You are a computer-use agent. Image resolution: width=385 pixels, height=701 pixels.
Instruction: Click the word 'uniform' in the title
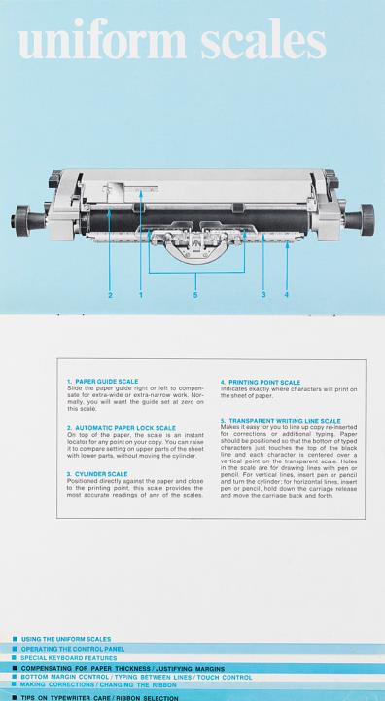pyautogui.click(x=102, y=39)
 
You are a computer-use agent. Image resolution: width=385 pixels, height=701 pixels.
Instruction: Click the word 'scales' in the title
pyautogui.click(x=263, y=39)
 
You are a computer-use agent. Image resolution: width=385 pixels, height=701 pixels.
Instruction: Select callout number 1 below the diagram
pyautogui.click(x=141, y=295)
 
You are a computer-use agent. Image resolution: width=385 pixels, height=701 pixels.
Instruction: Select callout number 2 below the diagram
pyautogui.click(x=110, y=295)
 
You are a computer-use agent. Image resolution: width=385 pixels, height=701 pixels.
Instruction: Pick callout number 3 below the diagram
pyautogui.click(x=263, y=295)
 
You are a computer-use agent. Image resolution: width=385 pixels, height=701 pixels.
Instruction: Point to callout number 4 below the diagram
pyautogui.click(x=286, y=295)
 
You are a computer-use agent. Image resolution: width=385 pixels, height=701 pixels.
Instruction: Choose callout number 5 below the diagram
pyautogui.click(x=195, y=295)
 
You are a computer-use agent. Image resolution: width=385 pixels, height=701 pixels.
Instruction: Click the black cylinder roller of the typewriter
pyautogui.click(x=196, y=220)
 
